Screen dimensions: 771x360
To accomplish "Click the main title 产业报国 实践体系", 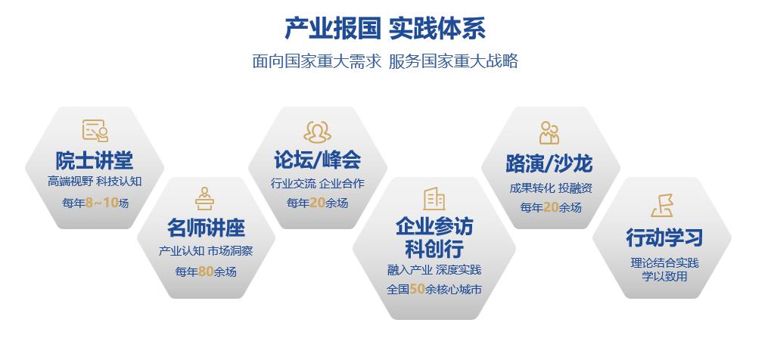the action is pos(385,28).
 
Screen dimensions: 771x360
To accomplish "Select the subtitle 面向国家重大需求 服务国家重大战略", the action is pos(385,61).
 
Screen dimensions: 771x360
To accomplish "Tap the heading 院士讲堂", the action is pos(95,160).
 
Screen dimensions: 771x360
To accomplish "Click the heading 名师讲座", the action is pos(206,228).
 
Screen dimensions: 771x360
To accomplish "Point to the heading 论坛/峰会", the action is pos(318,160).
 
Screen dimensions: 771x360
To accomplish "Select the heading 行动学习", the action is pos(664,237).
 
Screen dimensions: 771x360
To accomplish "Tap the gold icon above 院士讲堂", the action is pos(95,131).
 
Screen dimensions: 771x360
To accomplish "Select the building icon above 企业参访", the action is pos(434,199).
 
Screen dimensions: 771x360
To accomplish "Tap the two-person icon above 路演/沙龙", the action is pos(549,133).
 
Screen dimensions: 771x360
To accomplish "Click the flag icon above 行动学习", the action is pos(662,205).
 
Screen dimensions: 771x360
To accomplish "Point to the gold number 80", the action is pos(206,272).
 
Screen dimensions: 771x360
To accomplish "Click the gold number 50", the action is pos(417,289).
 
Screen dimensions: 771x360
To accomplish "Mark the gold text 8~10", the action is pos(102,203).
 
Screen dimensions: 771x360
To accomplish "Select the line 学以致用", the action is pos(664,276).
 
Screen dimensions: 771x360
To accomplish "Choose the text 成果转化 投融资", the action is pos(551,188).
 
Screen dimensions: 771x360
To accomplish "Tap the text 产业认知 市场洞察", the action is pos(206,251).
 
